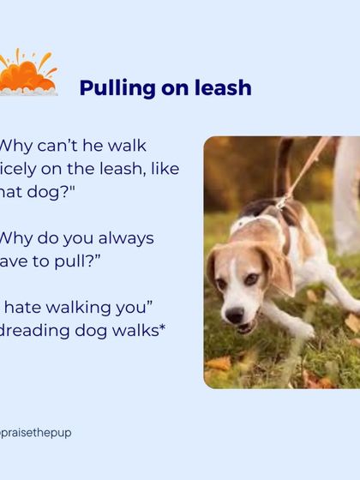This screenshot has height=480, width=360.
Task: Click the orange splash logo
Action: [x=28, y=75]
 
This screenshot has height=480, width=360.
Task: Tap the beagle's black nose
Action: [x=233, y=315]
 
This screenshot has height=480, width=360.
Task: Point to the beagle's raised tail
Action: [x=284, y=167]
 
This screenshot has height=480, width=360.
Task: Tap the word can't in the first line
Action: [x=63, y=146]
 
